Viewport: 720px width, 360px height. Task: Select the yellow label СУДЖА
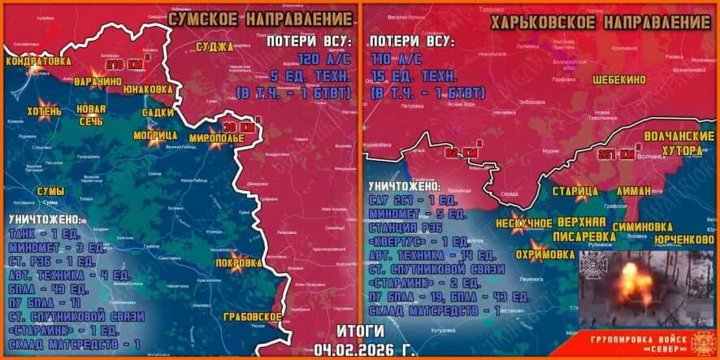215,47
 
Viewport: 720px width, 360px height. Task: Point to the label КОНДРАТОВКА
37,61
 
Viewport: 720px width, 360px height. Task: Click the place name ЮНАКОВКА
146,89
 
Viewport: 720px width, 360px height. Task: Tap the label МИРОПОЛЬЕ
217,138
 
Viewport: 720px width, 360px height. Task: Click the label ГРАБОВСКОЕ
254,316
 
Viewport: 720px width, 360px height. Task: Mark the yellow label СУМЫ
50,190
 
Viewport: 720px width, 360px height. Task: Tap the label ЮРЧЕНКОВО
683,240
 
